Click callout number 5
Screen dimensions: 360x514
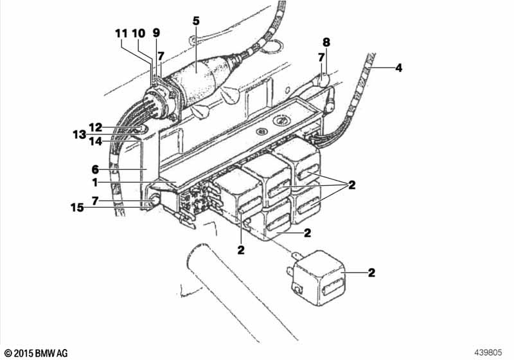(x=196, y=21)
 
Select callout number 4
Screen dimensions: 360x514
(x=398, y=67)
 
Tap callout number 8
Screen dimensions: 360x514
(x=326, y=43)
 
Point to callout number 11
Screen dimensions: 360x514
(x=122, y=33)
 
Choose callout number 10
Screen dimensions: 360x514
(x=139, y=33)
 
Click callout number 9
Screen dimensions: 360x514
(x=156, y=33)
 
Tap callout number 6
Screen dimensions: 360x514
(x=95, y=170)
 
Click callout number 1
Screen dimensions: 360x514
(x=96, y=183)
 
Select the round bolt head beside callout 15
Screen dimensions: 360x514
(x=155, y=203)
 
